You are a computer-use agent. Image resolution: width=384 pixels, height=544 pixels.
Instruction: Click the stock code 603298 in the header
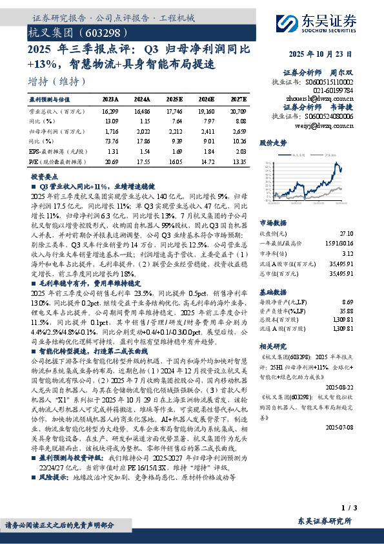98,31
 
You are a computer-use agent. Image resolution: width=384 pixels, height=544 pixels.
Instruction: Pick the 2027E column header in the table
239,99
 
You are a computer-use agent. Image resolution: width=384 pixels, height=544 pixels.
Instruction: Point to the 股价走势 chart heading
272,142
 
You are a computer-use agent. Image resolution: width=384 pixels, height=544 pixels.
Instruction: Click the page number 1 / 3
347,508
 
